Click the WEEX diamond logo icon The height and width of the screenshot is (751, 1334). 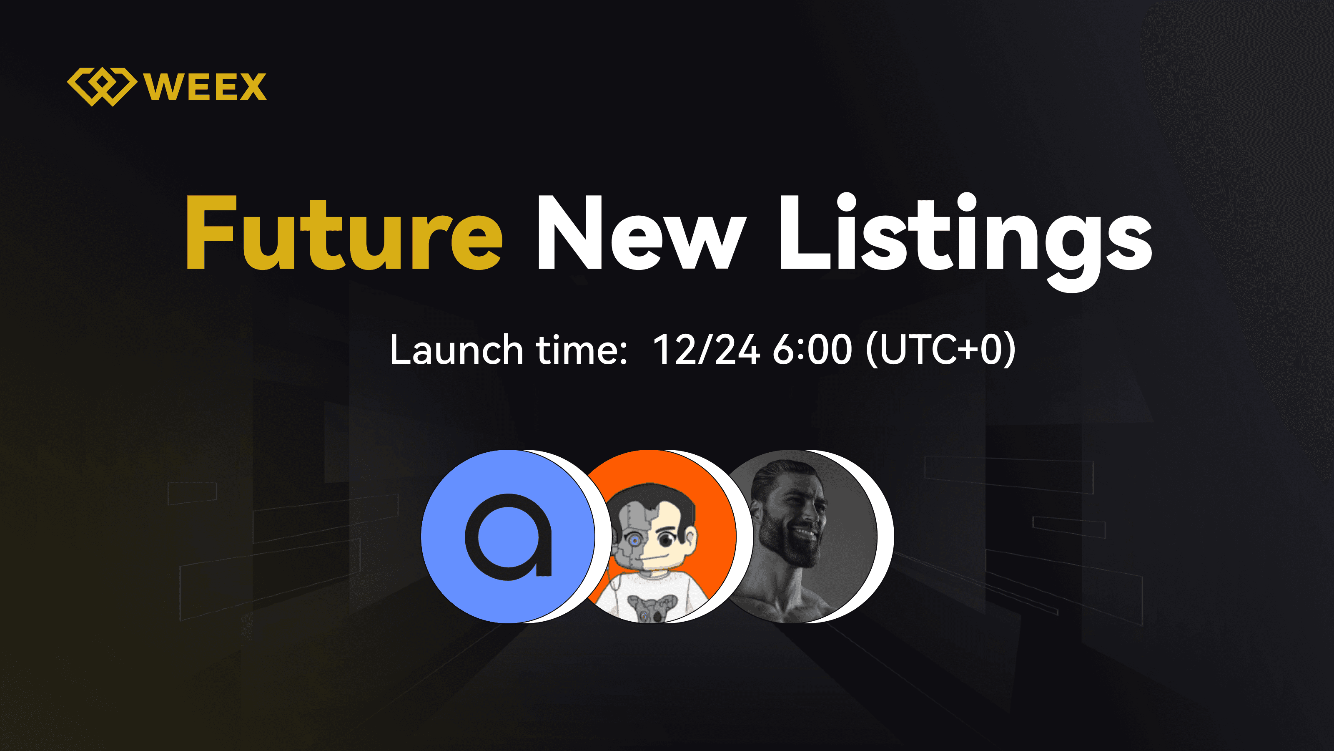coord(102,86)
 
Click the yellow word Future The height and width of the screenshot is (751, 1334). coord(344,233)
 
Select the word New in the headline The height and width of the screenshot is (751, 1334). coord(641,233)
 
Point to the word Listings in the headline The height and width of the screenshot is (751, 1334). coord(966,242)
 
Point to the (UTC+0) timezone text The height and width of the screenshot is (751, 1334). coord(940,350)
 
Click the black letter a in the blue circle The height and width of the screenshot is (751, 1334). coord(509,537)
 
